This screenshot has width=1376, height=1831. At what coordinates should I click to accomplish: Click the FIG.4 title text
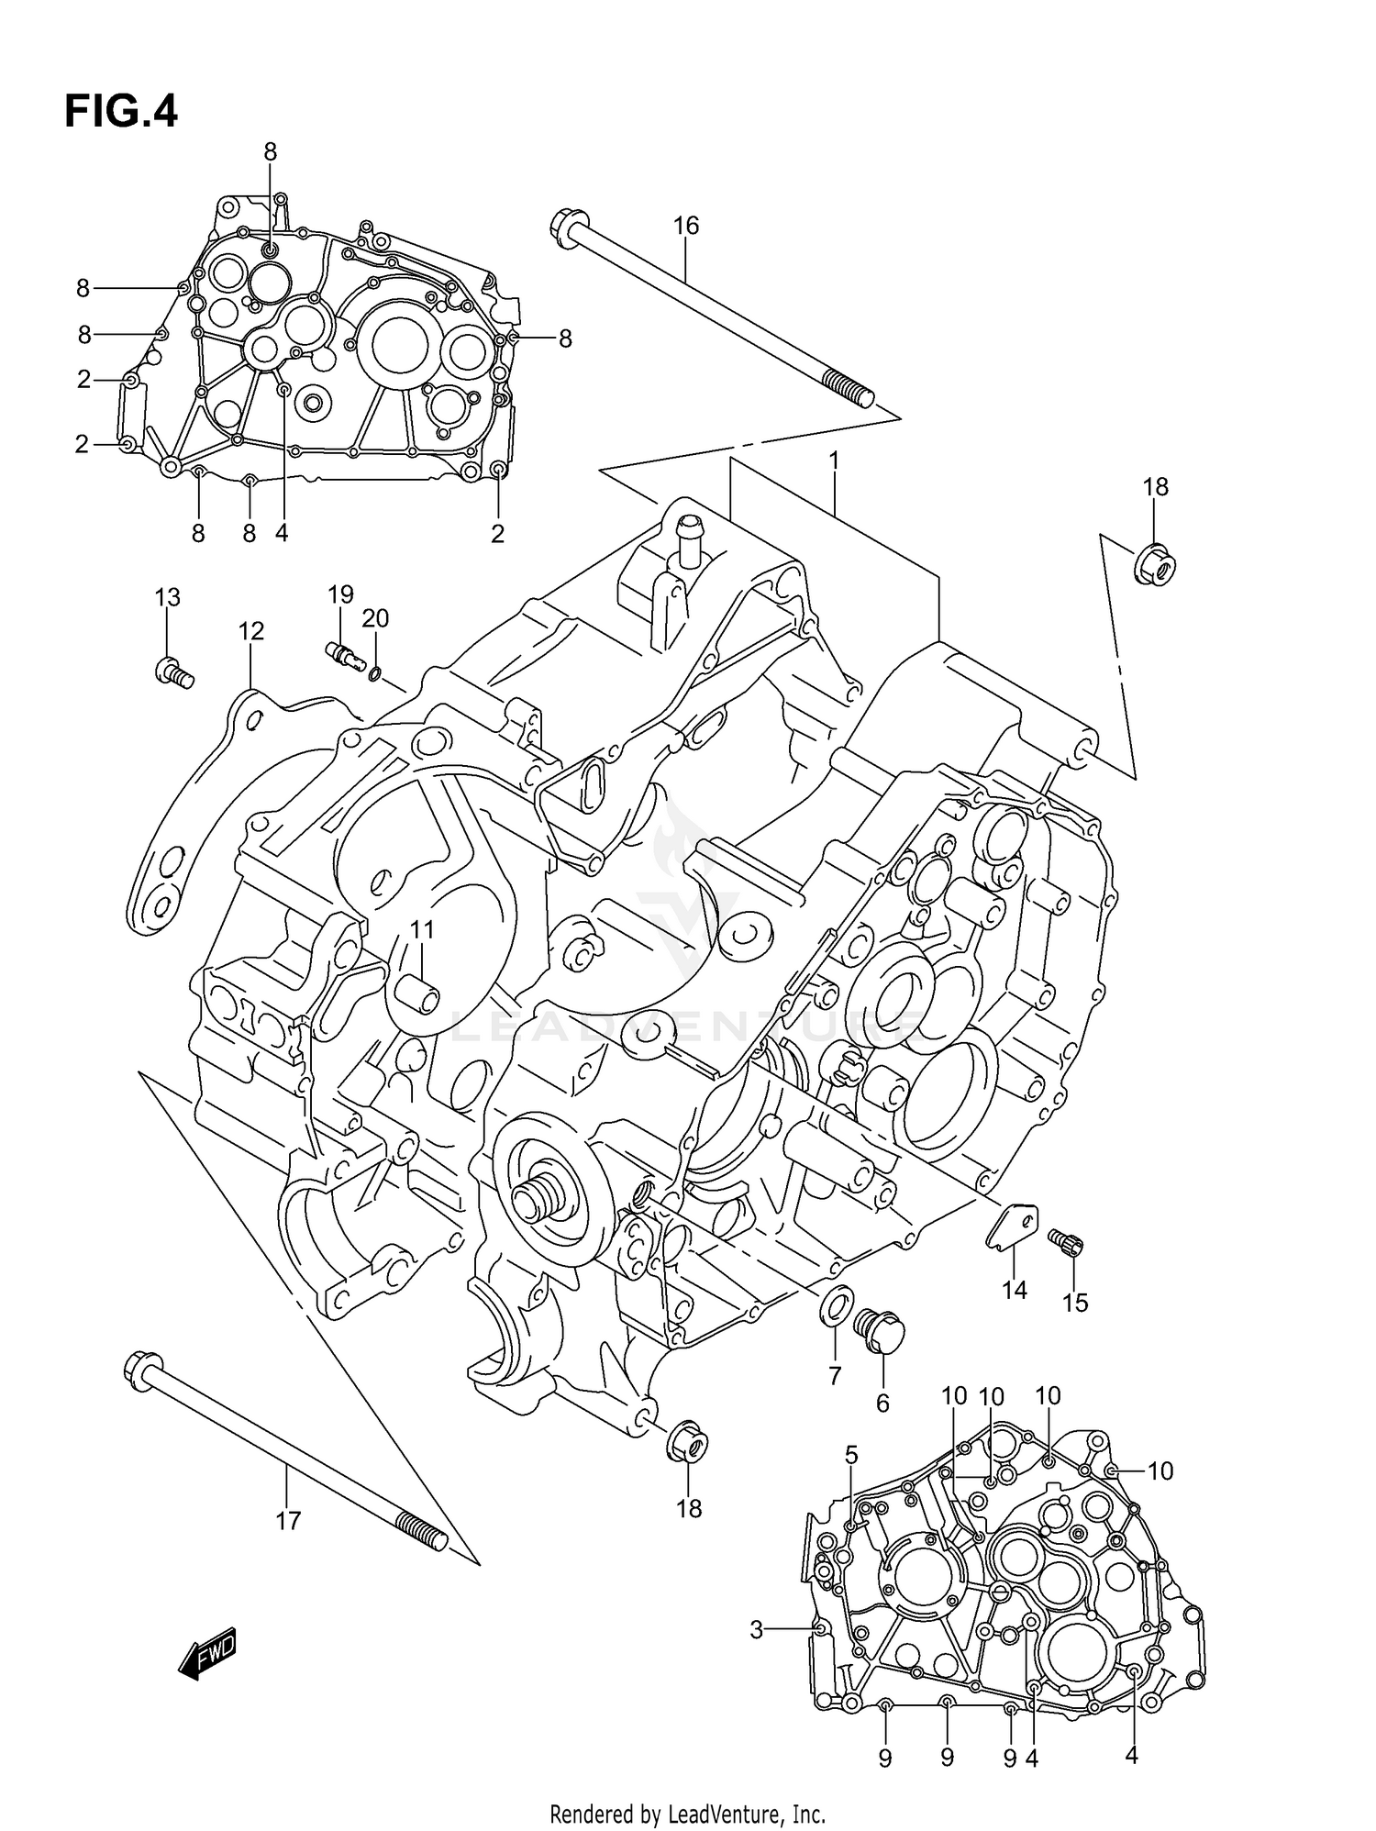120,112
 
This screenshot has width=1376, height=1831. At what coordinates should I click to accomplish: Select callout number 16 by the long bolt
685,226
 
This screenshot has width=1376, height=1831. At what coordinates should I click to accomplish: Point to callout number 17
288,1521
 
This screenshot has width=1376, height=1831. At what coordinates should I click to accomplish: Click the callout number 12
250,631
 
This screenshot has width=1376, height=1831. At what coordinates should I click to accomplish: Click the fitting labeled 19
345,654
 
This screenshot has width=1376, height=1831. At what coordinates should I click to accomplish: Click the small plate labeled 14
1014,1226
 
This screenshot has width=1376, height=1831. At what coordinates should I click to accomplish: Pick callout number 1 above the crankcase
834,461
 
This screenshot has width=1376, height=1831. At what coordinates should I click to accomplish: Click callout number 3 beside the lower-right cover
756,1629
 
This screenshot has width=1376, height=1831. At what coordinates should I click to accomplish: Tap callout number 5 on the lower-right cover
851,1455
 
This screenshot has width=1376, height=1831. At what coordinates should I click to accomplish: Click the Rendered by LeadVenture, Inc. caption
687,1814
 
